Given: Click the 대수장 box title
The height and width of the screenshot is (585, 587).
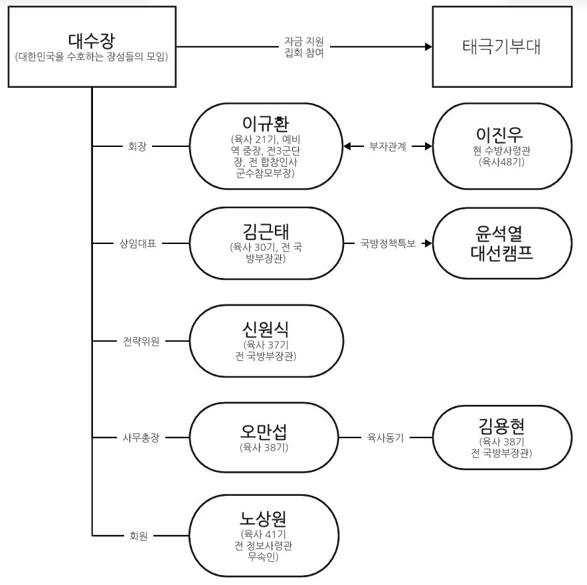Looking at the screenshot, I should tap(91, 39).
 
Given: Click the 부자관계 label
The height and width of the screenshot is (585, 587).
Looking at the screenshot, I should tap(388, 146).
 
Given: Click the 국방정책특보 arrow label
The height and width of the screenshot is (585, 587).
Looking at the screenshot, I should tap(388, 243).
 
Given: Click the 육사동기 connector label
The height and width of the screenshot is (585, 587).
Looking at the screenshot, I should tap(386, 438).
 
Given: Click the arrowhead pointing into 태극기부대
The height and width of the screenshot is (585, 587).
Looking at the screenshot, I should tap(427, 47).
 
